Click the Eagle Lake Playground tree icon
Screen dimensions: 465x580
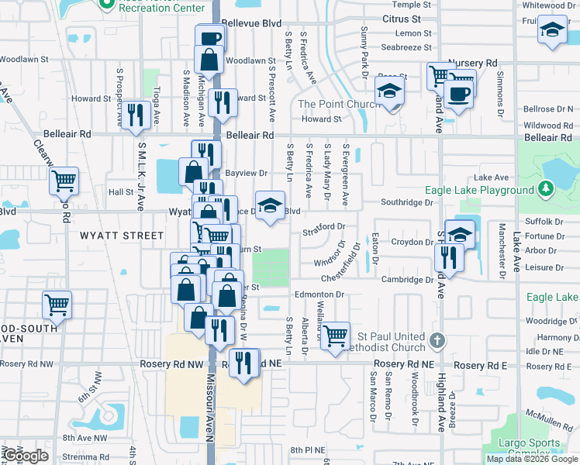pyautogui.click(x=546, y=188)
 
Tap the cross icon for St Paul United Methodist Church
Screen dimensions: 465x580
pyautogui.click(x=438, y=340)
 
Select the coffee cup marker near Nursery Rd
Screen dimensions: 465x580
pyautogui.click(x=459, y=93)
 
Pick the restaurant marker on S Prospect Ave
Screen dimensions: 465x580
pyautogui.click(x=136, y=115)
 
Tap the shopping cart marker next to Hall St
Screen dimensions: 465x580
pyautogui.click(x=64, y=181)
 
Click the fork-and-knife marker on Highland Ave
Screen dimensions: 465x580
pyautogui.click(x=449, y=256)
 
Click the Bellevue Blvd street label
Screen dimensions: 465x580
pyautogui.click(x=250, y=24)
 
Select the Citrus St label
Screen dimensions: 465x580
pyautogui.click(x=401, y=18)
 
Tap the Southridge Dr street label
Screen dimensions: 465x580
pyautogui.click(x=406, y=202)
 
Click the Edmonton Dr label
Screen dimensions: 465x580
pyautogui.click(x=319, y=294)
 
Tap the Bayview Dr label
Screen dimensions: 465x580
pyautogui.click(x=247, y=173)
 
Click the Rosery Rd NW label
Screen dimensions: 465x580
pyautogui.click(x=171, y=363)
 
